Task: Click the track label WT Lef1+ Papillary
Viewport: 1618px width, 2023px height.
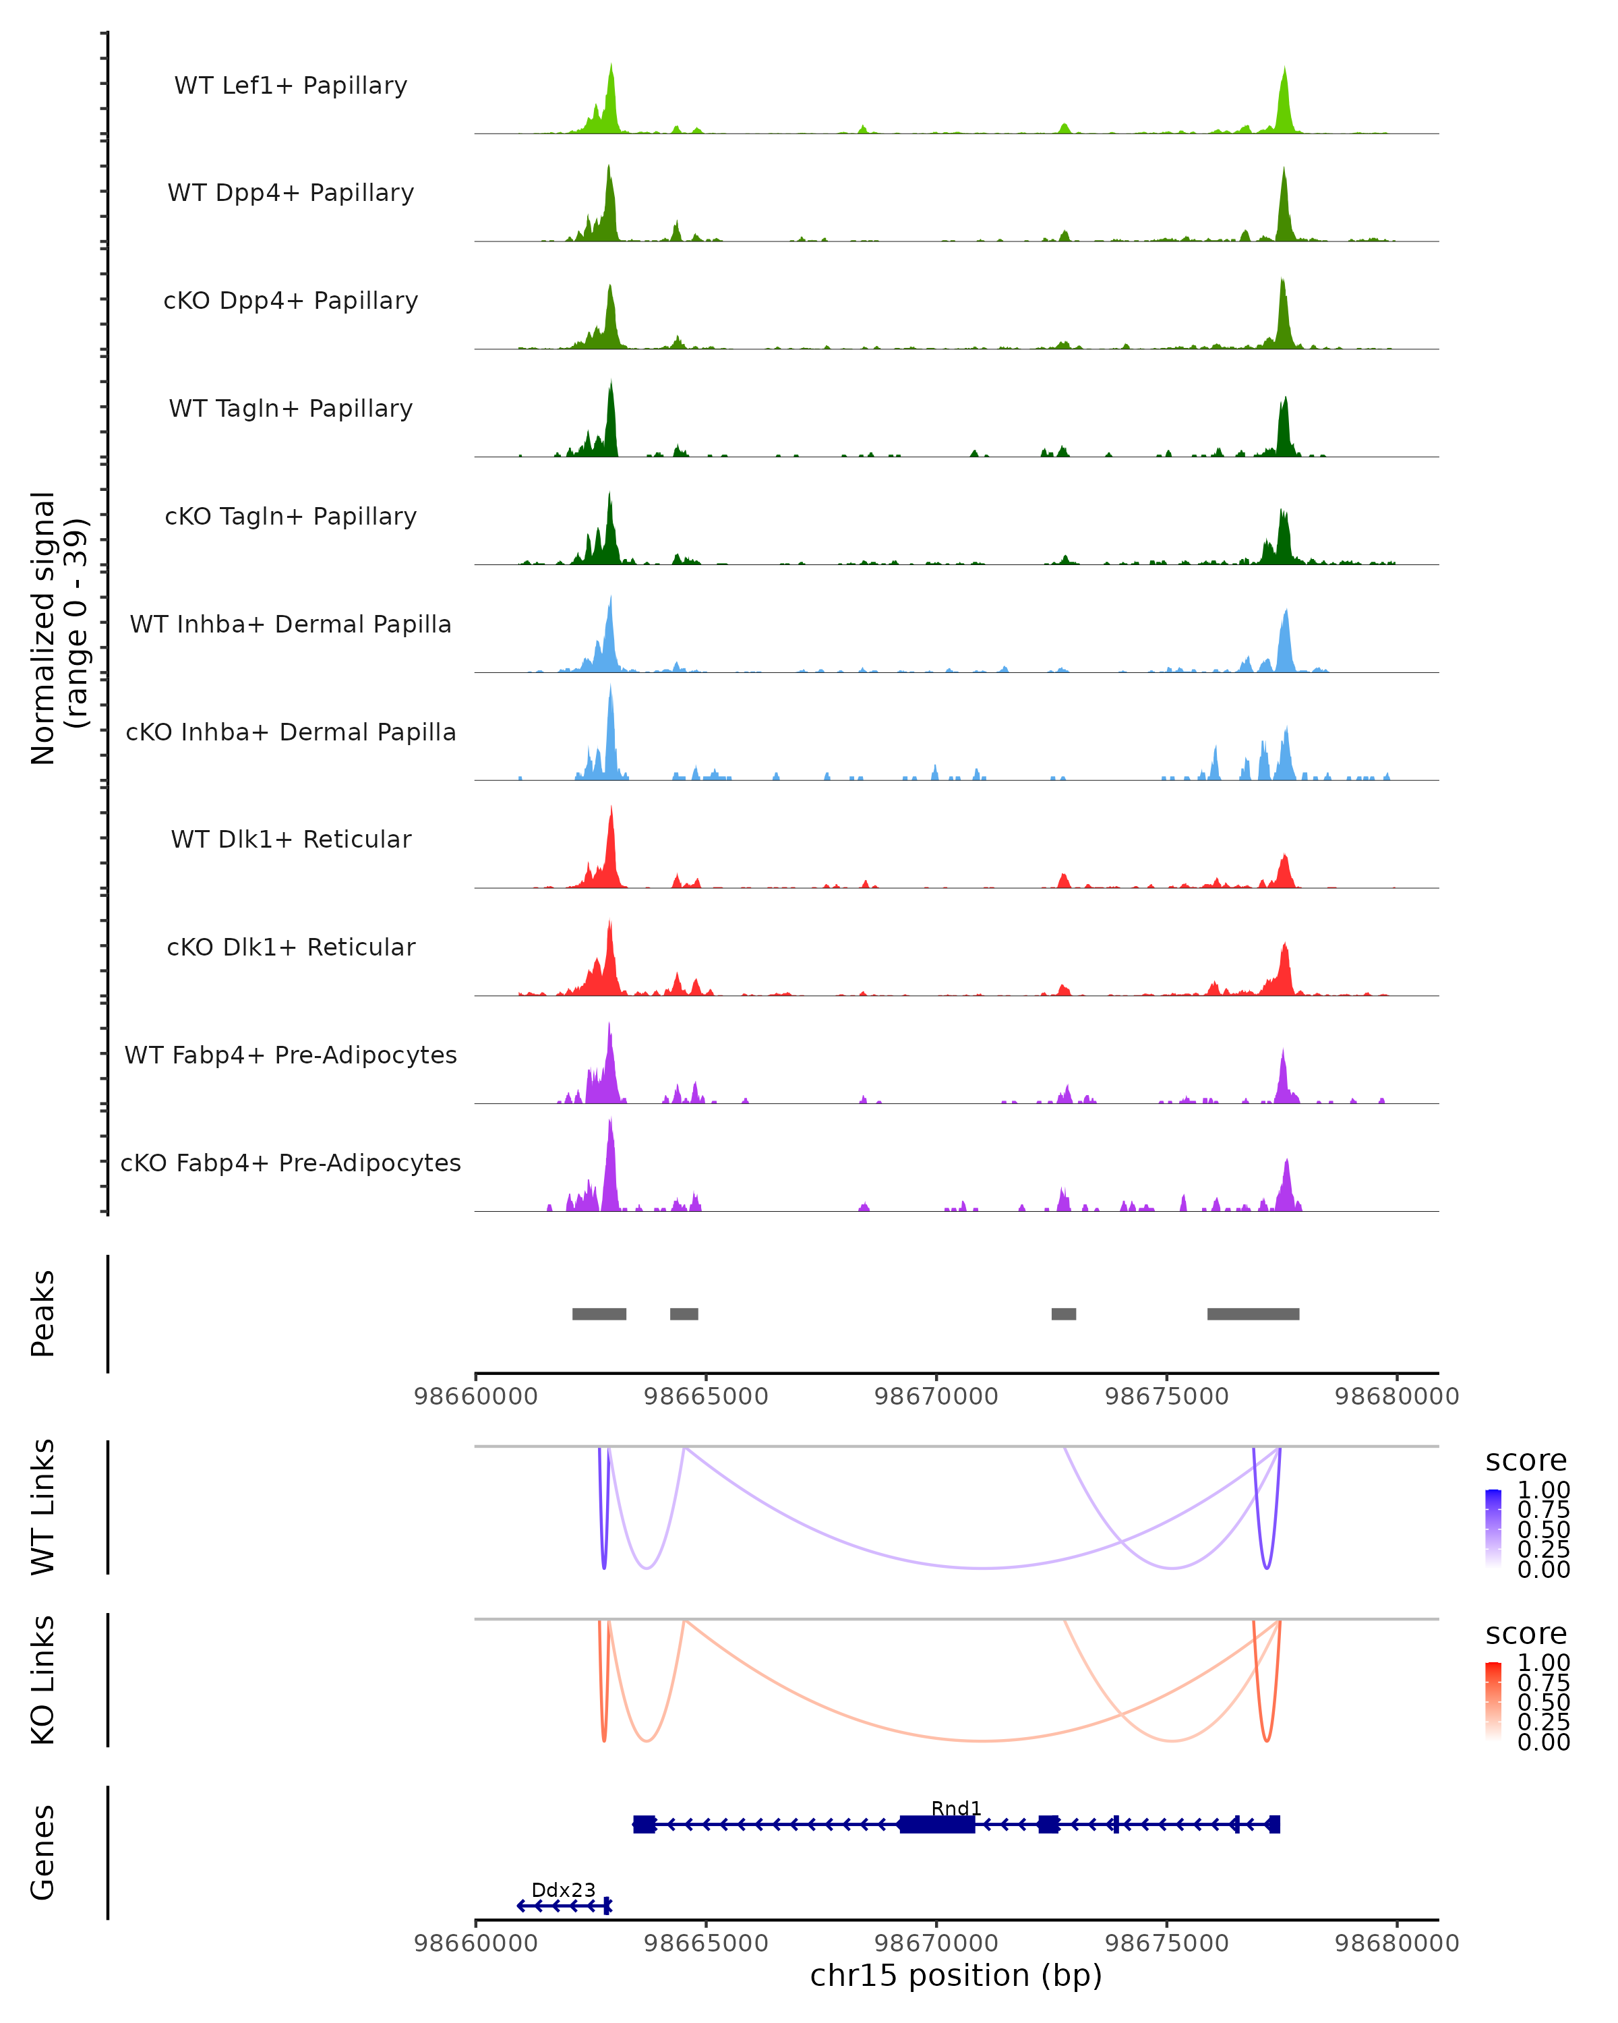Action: [291, 86]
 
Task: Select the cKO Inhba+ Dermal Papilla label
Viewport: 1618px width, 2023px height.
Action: [291, 732]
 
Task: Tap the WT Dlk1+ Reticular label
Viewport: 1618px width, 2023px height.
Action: [291, 840]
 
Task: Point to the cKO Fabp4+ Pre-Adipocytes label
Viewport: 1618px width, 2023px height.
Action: [291, 1163]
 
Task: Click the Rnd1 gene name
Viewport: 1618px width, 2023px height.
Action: [956, 1808]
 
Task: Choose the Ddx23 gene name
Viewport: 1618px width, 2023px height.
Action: [563, 1889]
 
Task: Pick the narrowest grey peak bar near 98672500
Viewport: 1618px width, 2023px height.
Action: [1064, 1314]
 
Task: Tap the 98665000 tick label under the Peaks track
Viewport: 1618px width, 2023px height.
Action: [705, 1397]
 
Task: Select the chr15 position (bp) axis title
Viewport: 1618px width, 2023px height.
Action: [956, 1975]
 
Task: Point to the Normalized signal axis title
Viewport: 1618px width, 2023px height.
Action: [58, 628]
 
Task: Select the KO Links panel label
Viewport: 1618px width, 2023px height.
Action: [43, 1680]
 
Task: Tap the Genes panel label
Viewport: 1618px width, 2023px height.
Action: [43, 1852]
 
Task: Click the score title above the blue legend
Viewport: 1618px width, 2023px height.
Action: [1525, 1460]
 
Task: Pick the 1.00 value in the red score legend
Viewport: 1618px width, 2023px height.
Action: [1543, 1663]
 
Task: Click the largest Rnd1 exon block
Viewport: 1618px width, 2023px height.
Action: [937, 1824]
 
